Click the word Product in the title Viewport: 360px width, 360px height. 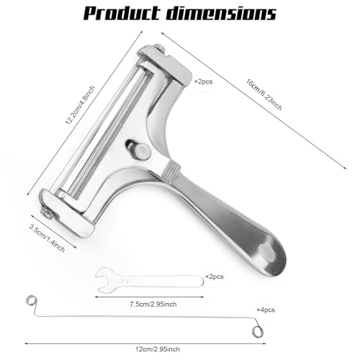tap(122, 13)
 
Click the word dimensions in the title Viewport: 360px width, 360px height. tap(221, 13)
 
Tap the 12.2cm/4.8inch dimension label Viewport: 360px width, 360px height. tap(80, 105)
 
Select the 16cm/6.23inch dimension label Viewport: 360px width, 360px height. tap(264, 94)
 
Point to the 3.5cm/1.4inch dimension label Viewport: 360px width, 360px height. tap(47, 238)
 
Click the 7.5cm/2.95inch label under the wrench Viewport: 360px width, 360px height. tap(153, 304)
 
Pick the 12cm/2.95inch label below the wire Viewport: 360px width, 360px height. tap(158, 349)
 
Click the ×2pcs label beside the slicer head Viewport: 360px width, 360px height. tap(203, 81)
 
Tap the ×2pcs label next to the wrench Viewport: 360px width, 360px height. tap(215, 276)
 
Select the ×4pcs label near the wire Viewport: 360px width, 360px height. tap(266, 310)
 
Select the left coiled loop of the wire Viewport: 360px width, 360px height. tap(31, 301)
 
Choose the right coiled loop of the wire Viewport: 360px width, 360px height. tap(257, 332)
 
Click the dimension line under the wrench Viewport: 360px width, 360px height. tap(149, 297)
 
